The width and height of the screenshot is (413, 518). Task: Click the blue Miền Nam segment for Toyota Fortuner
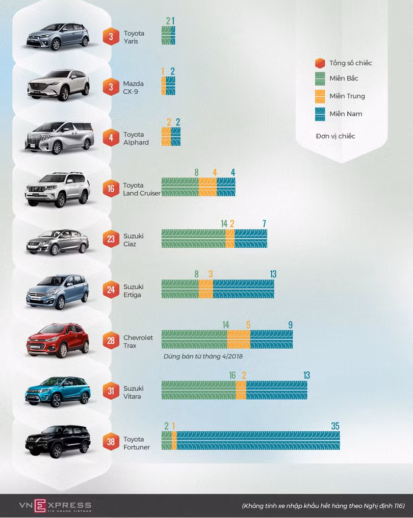pos(258,441)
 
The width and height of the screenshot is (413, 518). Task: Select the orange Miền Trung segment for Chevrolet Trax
pos(239,339)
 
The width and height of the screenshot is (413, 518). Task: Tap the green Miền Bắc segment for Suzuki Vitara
pos(199,390)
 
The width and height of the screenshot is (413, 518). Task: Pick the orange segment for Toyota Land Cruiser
pos(208,187)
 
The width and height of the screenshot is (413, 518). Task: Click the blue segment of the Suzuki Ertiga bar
pos(244,289)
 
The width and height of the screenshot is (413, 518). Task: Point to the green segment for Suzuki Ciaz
pos(193,238)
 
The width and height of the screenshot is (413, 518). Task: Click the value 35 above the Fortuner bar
pos(335,426)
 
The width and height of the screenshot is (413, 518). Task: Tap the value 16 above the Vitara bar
pos(233,376)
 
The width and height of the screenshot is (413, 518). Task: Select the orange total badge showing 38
pos(111,442)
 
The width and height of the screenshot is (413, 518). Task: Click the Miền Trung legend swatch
pos(320,96)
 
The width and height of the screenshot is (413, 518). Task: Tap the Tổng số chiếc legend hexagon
pos(320,63)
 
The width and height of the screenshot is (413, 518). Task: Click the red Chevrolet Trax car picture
pos(58,340)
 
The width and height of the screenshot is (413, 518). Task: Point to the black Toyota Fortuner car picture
pos(58,441)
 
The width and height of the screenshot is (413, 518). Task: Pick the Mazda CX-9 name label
pos(134,87)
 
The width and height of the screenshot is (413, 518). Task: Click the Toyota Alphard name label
pos(136,138)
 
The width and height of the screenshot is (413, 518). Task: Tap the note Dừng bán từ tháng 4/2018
pos(203,356)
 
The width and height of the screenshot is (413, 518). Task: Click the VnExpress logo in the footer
pos(55,505)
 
